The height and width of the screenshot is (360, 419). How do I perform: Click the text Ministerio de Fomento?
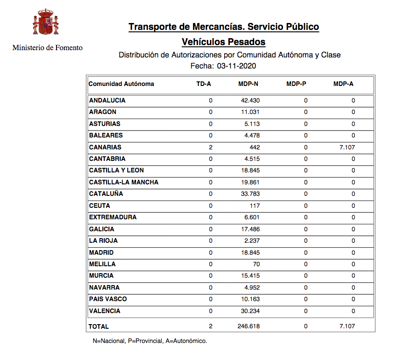(x=47, y=47)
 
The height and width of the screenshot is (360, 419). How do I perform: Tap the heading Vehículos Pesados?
(x=223, y=42)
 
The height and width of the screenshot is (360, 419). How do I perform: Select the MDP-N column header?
(x=248, y=84)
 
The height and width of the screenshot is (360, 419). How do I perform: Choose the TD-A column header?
(x=204, y=84)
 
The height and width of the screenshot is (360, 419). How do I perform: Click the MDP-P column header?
(x=296, y=84)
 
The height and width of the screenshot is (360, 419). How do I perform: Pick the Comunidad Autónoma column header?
(x=121, y=84)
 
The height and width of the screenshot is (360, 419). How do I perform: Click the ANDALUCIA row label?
(x=107, y=100)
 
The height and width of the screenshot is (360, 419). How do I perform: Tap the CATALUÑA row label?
(x=106, y=194)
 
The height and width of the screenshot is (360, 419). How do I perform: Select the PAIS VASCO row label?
(x=108, y=299)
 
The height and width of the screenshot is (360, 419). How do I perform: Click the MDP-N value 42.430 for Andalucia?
(x=250, y=100)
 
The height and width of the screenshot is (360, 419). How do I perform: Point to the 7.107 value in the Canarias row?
(x=347, y=147)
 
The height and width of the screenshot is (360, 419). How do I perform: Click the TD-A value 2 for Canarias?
(x=210, y=147)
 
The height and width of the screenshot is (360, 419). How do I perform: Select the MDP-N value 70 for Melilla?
(x=256, y=264)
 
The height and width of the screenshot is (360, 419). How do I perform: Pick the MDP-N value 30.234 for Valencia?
(x=250, y=311)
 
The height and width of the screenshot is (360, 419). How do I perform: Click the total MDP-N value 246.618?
(x=249, y=326)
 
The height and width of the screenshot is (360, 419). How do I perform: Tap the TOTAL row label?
(x=99, y=326)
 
